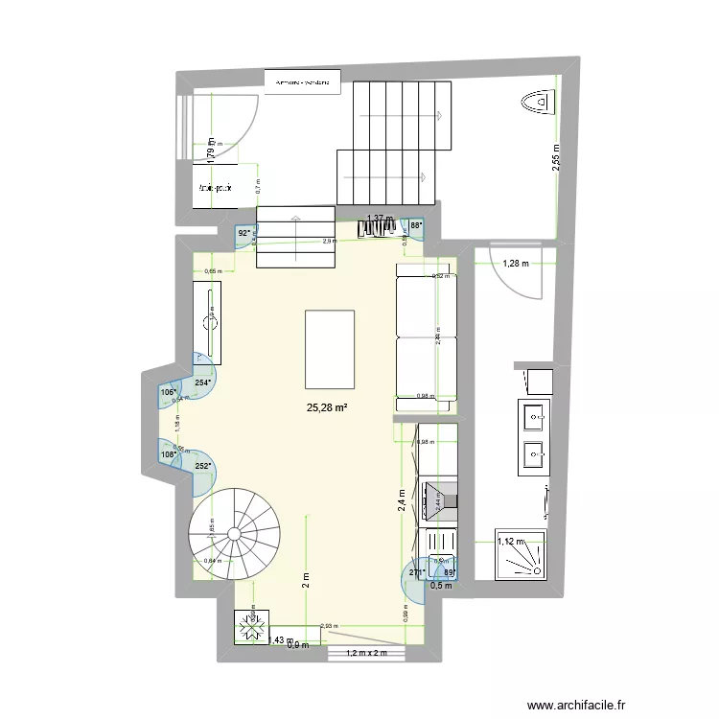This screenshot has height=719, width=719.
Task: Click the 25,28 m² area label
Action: (x=327, y=407)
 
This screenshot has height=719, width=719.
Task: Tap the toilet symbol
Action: (x=535, y=99)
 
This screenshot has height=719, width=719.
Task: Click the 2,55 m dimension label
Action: (x=557, y=156)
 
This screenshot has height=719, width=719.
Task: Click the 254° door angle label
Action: (x=203, y=383)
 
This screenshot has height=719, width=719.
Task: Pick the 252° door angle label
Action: (x=203, y=467)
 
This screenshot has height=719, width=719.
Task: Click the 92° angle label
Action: (x=244, y=232)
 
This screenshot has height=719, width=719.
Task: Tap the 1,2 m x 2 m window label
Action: (x=367, y=654)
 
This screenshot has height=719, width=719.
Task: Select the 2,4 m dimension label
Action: (x=405, y=500)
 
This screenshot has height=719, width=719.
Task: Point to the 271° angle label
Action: (x=417, y=573)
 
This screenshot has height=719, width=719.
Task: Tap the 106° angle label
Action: (x=168, y=391)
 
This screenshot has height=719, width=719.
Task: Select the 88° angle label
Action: (x=415, y=226)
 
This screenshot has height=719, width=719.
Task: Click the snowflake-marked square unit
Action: (x=252, y=629)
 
